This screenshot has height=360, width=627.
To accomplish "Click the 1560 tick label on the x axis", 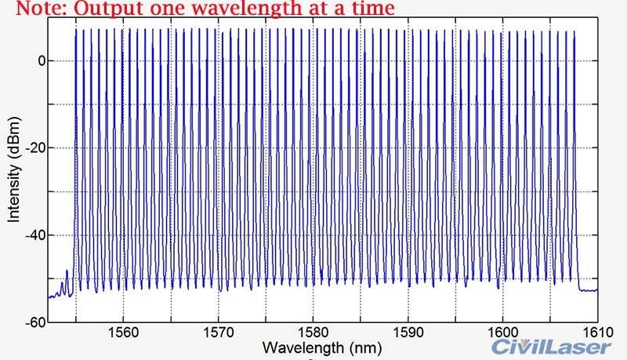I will pyautogui.click(x=124, y=330).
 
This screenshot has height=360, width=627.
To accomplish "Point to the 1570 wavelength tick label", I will pyautogui.click(x=219, y=330).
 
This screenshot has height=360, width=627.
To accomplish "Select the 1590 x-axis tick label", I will pyautogui.click(x=408, y=330).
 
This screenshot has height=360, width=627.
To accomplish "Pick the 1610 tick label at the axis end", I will pyautogui.click(x=593, y=330).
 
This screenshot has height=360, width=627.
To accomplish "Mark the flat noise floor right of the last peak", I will pyautogui.click(x=588, y=289).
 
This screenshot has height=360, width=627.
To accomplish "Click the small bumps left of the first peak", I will pyautogui.click(x=63, y=283).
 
